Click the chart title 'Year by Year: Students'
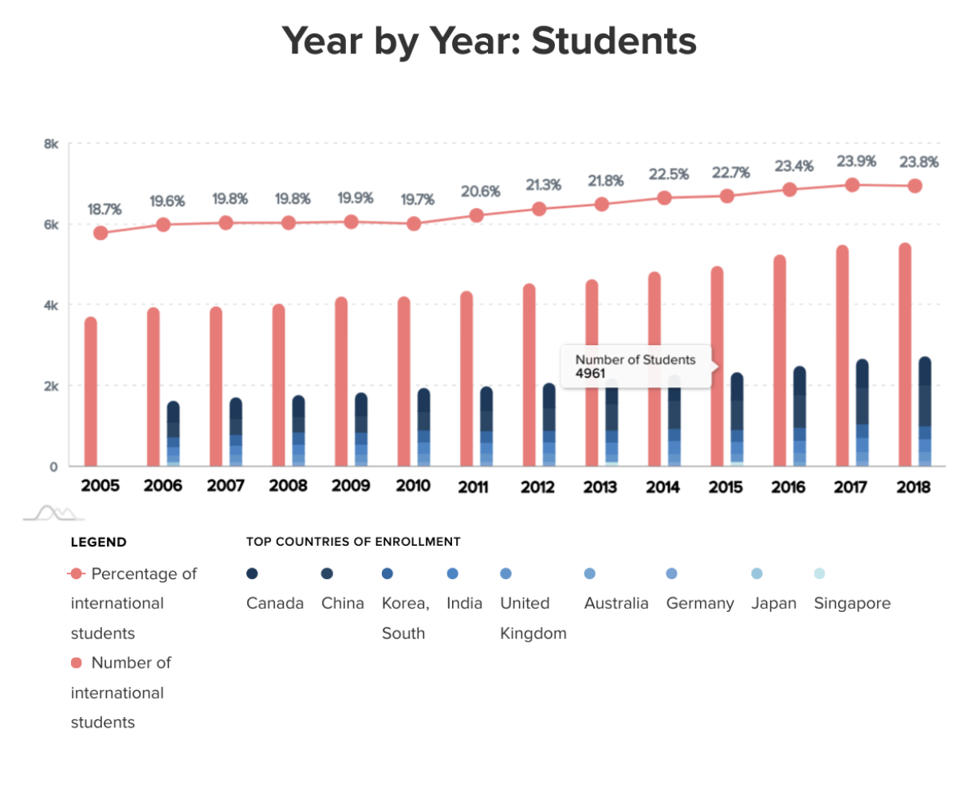[489, 41]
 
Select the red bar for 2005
[91, 392]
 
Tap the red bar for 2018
[905, 355]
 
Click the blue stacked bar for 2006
[173, 433]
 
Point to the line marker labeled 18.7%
[100, 233]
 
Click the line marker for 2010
[414, 224]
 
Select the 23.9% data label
[856, 162]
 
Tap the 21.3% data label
[543, 185]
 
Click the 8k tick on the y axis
[51, 144]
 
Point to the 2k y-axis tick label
[51, 386]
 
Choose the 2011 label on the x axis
[474, 486]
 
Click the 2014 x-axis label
[662, 486]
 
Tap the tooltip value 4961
[591, 374]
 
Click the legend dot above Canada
[252, 574]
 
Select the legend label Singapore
[851, 603]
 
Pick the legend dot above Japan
[757, 574]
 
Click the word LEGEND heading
[99, 543]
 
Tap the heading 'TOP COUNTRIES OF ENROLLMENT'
[353, 542]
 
